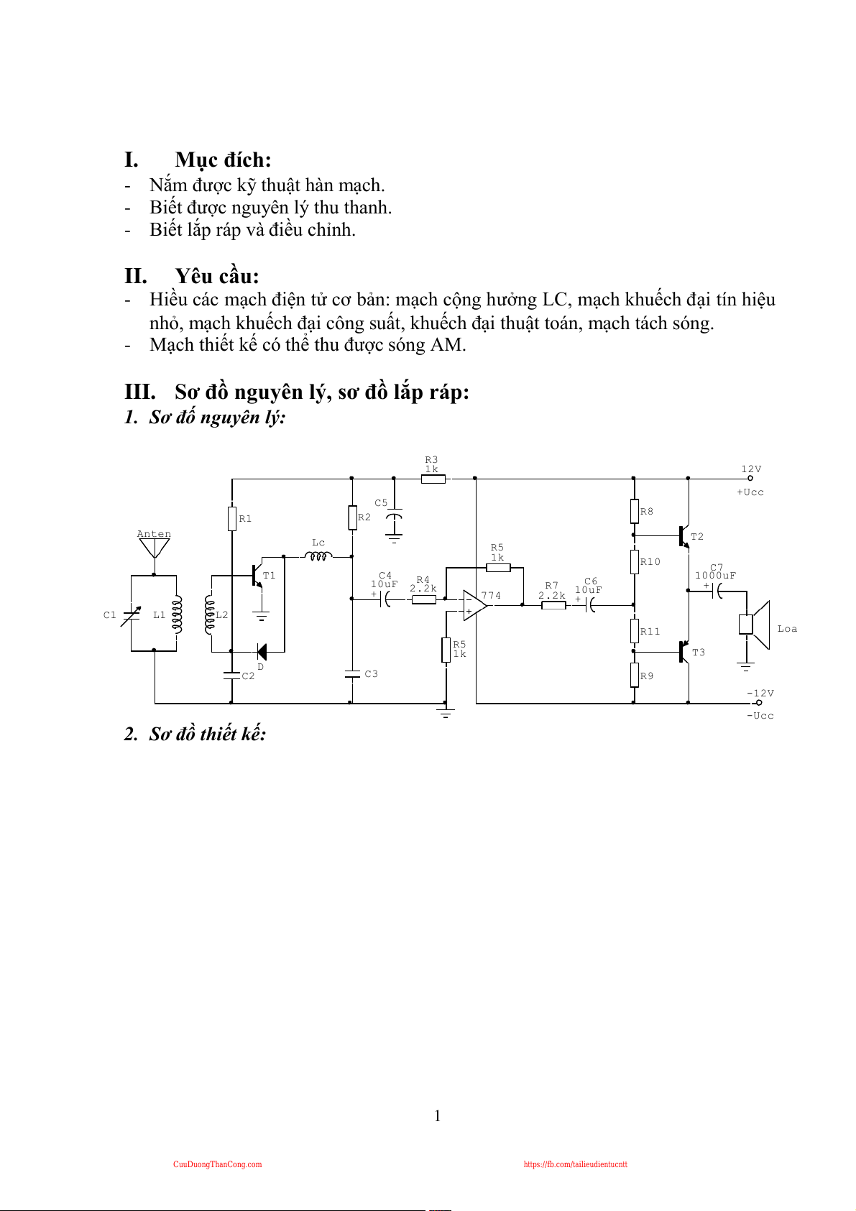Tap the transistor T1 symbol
click(x=257, y=575)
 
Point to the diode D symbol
click(x=262, y=652)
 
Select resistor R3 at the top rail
click(x=433, y=478)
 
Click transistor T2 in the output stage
click(x=683, y=535)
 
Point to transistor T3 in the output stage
click(x=683, y=652)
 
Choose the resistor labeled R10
click(x=634, y=561)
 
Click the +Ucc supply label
click(x=750, y=492)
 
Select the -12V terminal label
click(x=760, y=694)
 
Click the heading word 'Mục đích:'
click(x=223, y=160)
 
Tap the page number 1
click(x=438, y=1115)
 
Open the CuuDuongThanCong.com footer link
click(x=217, y=1164)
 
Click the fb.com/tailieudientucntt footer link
click(x=575, y=1164)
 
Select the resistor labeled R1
click(x=232, y=518)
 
